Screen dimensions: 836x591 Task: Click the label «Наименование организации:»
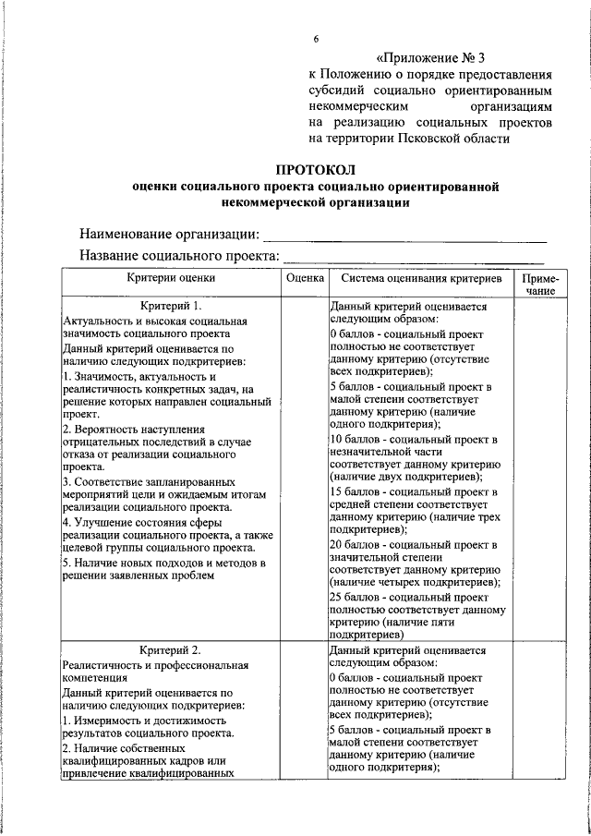(x=169, y=234)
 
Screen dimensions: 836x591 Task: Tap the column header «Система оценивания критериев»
(x=420, y=277)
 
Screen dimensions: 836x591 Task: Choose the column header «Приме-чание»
(x=539, y=284)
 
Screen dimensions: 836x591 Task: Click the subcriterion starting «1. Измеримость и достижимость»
(x=143, y=720)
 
